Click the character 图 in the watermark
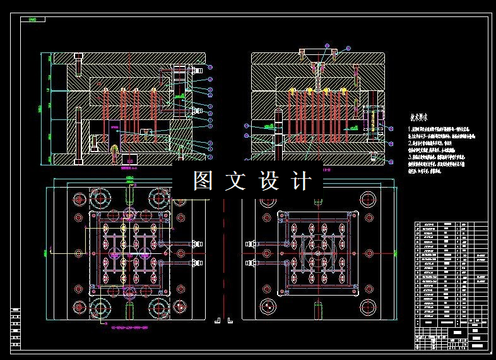tap(203, 181)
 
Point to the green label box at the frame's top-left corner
tap(33, 20)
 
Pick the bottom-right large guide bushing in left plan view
tap(156, 309)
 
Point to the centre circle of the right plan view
tap(316, 254)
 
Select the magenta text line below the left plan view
tap(129, 328)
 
